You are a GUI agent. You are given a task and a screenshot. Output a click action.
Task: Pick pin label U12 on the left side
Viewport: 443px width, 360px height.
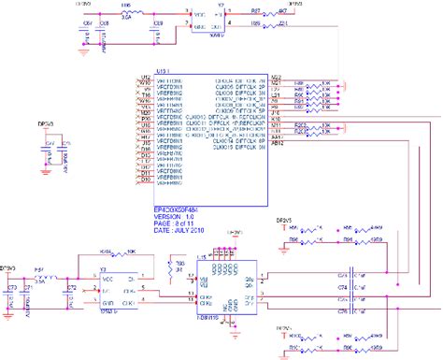point(144,78)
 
